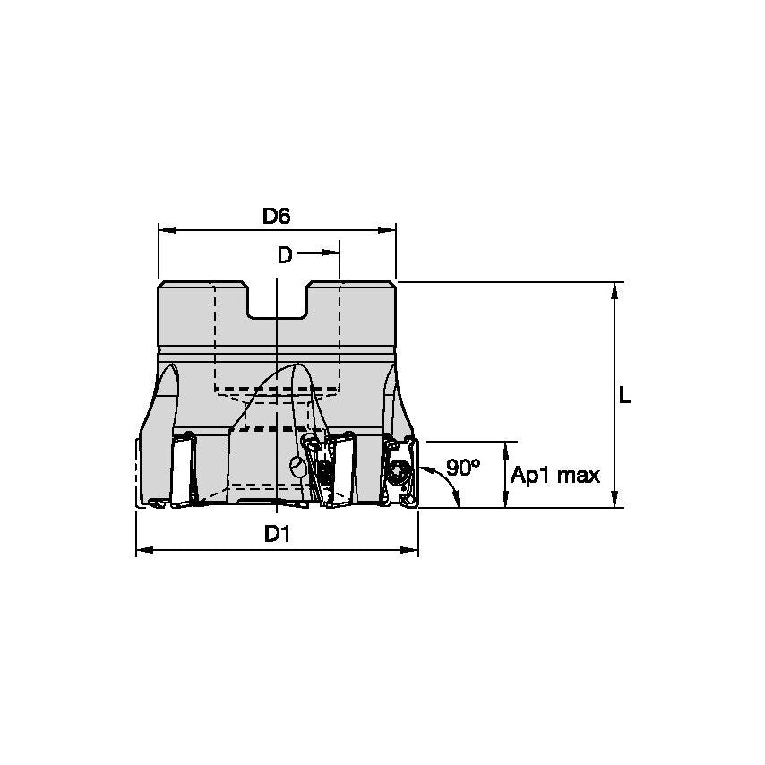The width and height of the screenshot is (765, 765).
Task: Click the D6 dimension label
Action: [276, 216]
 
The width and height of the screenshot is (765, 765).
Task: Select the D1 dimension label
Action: [276, 535]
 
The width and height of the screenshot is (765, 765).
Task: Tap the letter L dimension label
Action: [624, 395]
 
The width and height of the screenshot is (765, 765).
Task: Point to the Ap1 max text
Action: [555, 475]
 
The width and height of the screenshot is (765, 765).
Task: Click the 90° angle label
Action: [464, 467]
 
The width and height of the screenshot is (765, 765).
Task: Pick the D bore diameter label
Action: [284, 255]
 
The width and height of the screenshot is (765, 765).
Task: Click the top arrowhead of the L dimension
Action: [615, 289]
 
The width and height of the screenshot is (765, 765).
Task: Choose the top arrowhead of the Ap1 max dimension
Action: [506, 449]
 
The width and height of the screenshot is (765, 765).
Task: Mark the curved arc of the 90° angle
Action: [450, 485]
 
